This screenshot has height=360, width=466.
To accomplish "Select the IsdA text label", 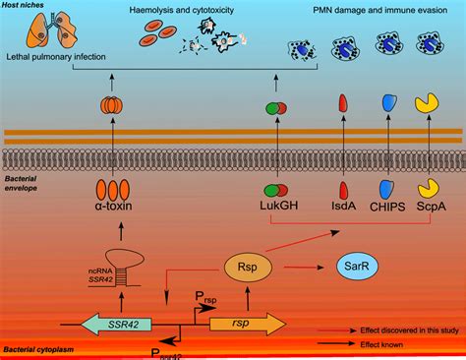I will coord(343,210).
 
